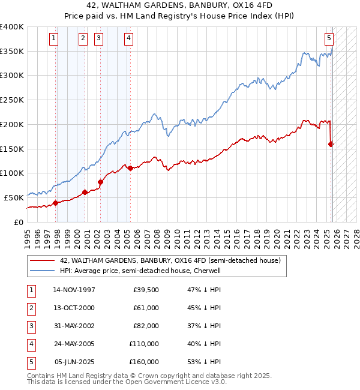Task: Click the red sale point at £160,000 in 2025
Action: pyautogui.click(x=331, y=143)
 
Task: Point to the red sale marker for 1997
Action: pyautogui.click(x=55, y=203)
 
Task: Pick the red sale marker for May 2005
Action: pyautogui.click(x=130, y=168)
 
